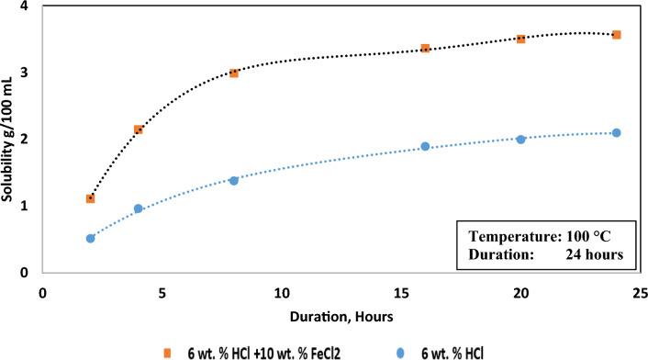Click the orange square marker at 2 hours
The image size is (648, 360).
pos(90,198)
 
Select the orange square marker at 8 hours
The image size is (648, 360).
pos(234,73)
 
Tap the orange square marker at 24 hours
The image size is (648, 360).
pos(617,35)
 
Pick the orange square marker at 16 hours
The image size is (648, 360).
pos(425,48)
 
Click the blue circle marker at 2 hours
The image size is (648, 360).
pos(90,239)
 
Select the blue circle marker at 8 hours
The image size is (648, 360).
pos(234,181)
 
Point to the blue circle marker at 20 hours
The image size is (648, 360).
pos(520,140)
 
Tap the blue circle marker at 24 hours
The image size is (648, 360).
pos(617,133)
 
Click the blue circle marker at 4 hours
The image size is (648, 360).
pos(139,209)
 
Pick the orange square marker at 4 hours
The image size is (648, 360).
pos(139,130)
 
